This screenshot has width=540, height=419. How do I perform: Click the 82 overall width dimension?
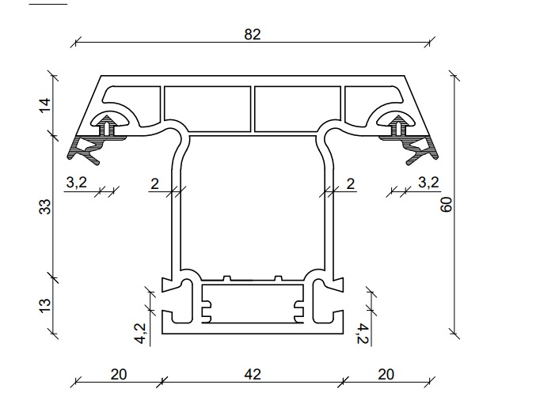[x=253, y=34]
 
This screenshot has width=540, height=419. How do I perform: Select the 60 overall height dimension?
[x=447, y=205]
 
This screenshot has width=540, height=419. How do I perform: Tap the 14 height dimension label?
[x=45, y=105]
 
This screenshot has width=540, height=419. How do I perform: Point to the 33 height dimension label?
[x=45, y=206]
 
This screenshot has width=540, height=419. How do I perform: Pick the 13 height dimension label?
[x=45, y=305]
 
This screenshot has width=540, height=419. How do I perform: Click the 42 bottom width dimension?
[x=253, y=374]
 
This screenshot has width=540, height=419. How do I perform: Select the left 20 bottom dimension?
[x=119, y=374]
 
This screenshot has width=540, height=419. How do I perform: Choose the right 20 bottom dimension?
[x=386, y=374]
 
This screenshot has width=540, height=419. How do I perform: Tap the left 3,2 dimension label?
[x=77, y=182]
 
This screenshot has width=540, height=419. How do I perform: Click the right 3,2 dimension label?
[x=429, y=182]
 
